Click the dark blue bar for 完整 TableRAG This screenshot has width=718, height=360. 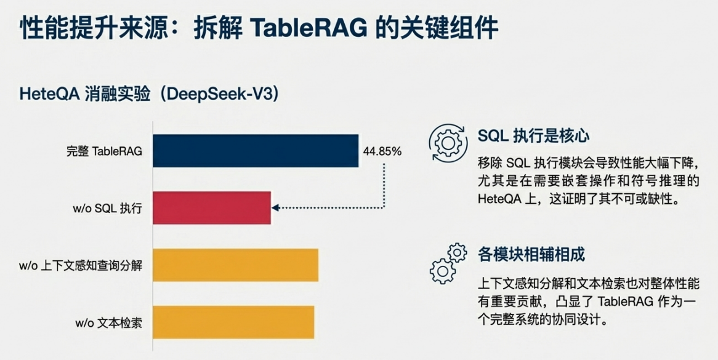pos(256,151)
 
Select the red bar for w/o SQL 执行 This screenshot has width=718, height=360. pos(212,208)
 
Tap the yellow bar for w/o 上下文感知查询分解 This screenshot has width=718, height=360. pos(235,265)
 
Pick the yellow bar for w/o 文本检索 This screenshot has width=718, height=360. pos(233,322)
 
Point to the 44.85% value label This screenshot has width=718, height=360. pos(382,151)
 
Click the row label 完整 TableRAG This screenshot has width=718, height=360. pos(104,151)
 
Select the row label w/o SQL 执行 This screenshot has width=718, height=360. pos(107,209)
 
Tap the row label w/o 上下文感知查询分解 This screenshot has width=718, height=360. pos(80,265)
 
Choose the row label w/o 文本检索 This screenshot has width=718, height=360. pos(108,322)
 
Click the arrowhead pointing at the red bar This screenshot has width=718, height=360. pos(275,208)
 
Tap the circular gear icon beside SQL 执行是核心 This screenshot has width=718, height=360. pos(447,143)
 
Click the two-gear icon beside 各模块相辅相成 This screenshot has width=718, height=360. pos(448,263)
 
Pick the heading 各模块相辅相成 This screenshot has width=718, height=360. pos(531,254)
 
